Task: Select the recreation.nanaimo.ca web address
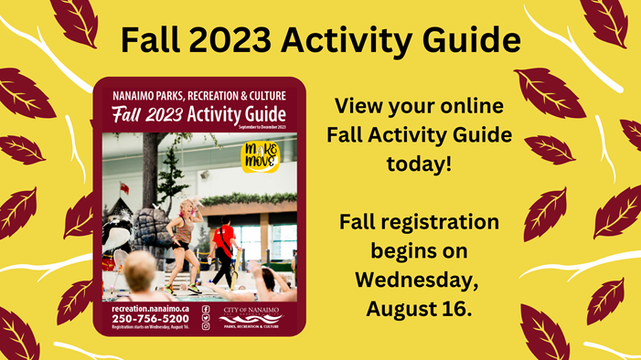(144, 308)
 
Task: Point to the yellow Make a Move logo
(260, 154)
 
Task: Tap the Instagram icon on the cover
(206, 326)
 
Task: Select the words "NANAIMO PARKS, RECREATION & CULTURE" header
(198, 94)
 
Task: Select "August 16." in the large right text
(419, 308)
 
